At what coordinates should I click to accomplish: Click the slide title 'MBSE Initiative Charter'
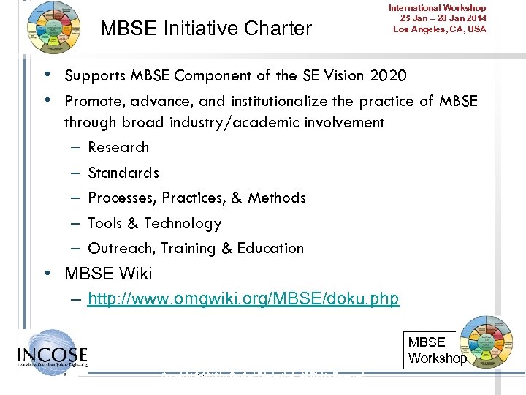tap(206, 29)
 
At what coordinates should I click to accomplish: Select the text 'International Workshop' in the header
tap(437, 8)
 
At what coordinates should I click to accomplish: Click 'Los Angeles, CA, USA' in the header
tap(439, 29)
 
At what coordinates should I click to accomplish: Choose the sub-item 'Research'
tap(118, 147)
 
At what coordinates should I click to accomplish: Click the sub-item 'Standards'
tap(123, 173)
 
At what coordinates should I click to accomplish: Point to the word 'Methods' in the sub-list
tap(277, 197)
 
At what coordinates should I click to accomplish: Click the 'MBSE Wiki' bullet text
tap(108, 274)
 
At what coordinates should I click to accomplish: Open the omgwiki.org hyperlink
tap(243, 298)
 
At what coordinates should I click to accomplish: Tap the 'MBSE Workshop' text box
tap(436, 350)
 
